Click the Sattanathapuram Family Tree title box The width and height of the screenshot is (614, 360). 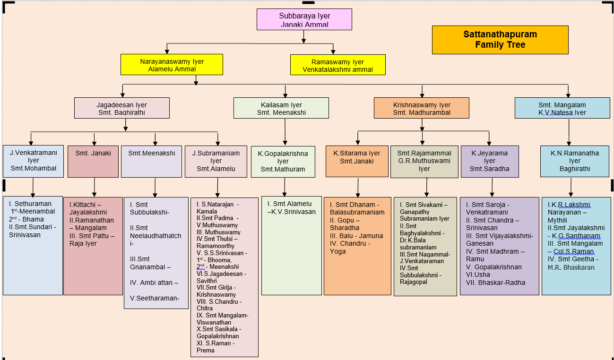click(500, 40)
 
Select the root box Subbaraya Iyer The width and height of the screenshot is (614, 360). click(304, 20)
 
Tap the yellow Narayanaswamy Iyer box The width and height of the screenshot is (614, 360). click(172, 65)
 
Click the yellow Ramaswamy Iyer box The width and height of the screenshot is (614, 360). click(337, 65)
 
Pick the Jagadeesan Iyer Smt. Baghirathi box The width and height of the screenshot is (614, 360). click(121, 108)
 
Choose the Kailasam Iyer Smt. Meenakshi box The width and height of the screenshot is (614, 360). click(281, 108)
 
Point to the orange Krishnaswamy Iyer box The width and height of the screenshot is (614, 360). click(422, 108)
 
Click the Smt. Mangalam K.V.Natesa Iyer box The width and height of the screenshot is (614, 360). click(562, 108)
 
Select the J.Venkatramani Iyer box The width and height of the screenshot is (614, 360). click(33, 161)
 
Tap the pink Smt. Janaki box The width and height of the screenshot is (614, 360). click(93, 161)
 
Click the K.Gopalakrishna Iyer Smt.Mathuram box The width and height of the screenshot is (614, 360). click(283, 162)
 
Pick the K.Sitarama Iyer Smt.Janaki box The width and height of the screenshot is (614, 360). click(357, 161)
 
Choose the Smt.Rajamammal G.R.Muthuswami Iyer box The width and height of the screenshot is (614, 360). click(424, 161)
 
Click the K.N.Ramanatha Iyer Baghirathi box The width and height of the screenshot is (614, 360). click(574, 161)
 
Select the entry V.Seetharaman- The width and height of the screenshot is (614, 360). click(155, 298)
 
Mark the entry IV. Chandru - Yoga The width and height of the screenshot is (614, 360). click(350, 248)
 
